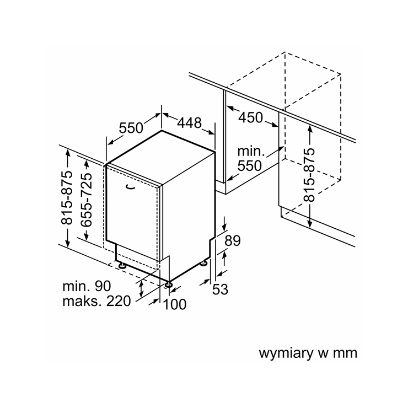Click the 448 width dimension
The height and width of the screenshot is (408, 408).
coord(190,123)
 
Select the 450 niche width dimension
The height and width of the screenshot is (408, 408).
coord(250,117)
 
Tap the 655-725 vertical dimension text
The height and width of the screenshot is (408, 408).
coord(86,200)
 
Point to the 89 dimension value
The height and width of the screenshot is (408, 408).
coord(232,241)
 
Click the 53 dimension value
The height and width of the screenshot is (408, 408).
coord(220,289)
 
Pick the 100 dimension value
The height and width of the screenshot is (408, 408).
coord(175,304)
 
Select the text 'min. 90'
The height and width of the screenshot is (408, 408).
coord(87,286)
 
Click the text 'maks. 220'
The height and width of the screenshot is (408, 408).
coord(96,302)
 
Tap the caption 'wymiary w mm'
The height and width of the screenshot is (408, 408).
coord(308,353)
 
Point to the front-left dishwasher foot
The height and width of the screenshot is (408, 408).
coord(122,266)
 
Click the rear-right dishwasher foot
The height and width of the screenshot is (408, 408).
coord(203,264)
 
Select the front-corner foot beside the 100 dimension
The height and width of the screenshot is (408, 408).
coord(168,284)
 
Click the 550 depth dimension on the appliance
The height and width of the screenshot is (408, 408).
coord(131,128)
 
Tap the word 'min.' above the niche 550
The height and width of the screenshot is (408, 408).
coord(251,151)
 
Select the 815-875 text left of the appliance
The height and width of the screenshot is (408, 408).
coord(67,197)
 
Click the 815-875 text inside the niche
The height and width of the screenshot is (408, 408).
coord(309,175)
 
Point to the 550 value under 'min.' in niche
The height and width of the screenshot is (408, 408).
coord(250,165)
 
